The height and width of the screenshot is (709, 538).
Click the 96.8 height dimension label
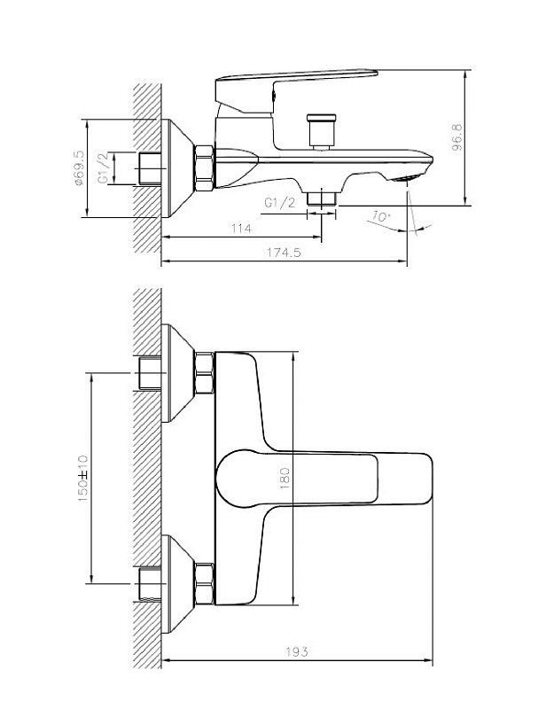(x=457, y=137)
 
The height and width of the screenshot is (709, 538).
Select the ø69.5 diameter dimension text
(x=79, y=168)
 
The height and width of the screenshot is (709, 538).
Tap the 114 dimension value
(x=241, y=229)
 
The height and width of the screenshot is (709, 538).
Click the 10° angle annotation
(x=378, y=216)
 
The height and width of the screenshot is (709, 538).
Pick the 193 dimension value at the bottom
(x=297, y=651)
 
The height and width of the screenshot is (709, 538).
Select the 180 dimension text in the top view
(x=285, y=479)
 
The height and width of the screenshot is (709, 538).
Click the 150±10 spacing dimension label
(x=83, y=479)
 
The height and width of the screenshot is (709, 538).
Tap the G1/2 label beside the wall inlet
(x=104, y=168)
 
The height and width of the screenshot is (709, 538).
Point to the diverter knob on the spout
(x=321, y=131)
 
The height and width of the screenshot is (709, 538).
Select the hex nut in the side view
(x=204, y=168)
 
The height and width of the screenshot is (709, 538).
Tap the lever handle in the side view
(x=296, y=90)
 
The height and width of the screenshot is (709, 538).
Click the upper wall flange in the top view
(x=177, y=373)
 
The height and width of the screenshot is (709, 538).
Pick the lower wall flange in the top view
(x=177, y=584)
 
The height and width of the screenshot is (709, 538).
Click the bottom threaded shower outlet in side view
(x=322, y=198)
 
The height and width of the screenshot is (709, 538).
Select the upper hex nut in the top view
(x=204, y=373)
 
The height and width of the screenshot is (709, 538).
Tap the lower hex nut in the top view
(x=204, y=584)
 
